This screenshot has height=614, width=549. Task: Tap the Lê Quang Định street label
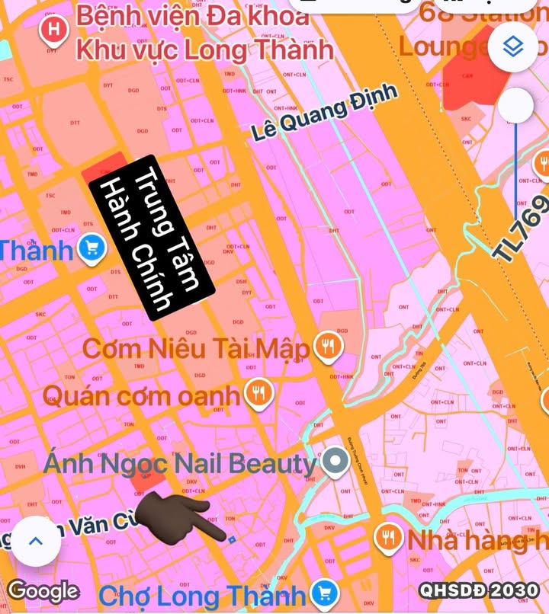click(324, 113)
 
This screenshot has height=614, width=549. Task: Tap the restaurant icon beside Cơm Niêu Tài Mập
click(329, 347)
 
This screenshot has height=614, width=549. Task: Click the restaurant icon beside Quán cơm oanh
click(259, 393)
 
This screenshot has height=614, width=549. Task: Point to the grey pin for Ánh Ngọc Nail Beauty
click(334, 461)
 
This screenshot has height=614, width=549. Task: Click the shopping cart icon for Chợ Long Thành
click(326, 593)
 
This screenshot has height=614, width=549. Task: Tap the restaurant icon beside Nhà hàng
click(389, 539)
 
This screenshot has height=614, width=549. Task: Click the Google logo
click(43, 590)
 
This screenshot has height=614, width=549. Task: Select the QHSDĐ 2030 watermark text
click(479, 590)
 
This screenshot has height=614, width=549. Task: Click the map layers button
click(517, 48)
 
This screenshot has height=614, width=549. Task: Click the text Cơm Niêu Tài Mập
click(196, 350)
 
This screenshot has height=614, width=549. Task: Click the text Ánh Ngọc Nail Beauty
click(178, 462)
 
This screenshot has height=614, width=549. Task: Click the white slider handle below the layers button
click(517, 104)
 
